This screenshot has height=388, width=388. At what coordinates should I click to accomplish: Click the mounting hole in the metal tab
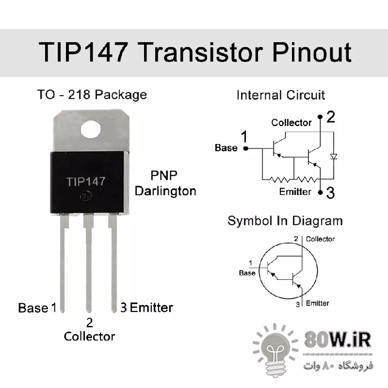pyautogui.click(x=91, y=129)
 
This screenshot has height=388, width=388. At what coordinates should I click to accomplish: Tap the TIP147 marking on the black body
pyautogui.click(x=86, y=181)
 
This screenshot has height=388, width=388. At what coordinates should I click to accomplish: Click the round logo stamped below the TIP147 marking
pyautogui.click(x=86, y=196)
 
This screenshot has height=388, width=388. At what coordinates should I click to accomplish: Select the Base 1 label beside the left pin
pyautogui.click(x=37, y=308)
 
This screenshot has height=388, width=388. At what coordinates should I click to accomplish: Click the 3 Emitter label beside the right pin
pyautogui.click(x=146, y=307)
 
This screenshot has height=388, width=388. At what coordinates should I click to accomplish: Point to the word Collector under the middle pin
pyautogui.click(x=89, y=337)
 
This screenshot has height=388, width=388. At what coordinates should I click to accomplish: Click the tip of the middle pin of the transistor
pyautogui.click(x=89, y=312)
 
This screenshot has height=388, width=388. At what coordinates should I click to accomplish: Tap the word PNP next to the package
pyautogui.click(x=164, y=176)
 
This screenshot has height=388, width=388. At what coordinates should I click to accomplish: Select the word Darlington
pyautogui.click(x=165, y=191)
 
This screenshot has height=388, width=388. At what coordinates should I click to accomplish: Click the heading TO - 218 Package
pyautogui.click(x=92, y=95)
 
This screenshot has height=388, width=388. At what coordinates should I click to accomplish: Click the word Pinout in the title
pyautogui.click(x=312, y=52)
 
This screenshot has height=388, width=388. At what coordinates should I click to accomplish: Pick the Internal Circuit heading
pyautogui.click(x=281, y=95)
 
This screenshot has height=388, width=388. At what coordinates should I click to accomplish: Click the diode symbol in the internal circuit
pyautogui.click(x=334, y=156)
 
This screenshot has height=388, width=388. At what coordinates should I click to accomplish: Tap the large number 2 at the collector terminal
pyautogui.click(x=331, y=117)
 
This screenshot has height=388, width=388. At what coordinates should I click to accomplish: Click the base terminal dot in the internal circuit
pyautogui.click(x=246, y=148)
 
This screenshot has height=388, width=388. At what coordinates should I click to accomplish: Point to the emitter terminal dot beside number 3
pyautogui.click(x=320, y=192)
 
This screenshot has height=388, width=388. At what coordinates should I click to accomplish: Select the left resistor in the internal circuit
pyautogui.click(x=279, y=179)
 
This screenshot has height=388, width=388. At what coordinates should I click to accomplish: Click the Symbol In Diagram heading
pyautogui.click(x=285, y=221)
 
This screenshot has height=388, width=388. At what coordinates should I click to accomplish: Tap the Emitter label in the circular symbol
pyautogui.click(x=318, y=304)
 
